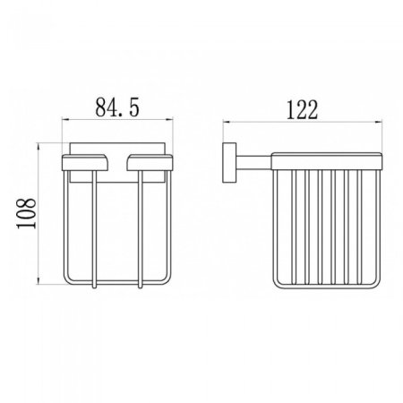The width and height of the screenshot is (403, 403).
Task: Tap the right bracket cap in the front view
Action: point(145,160)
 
